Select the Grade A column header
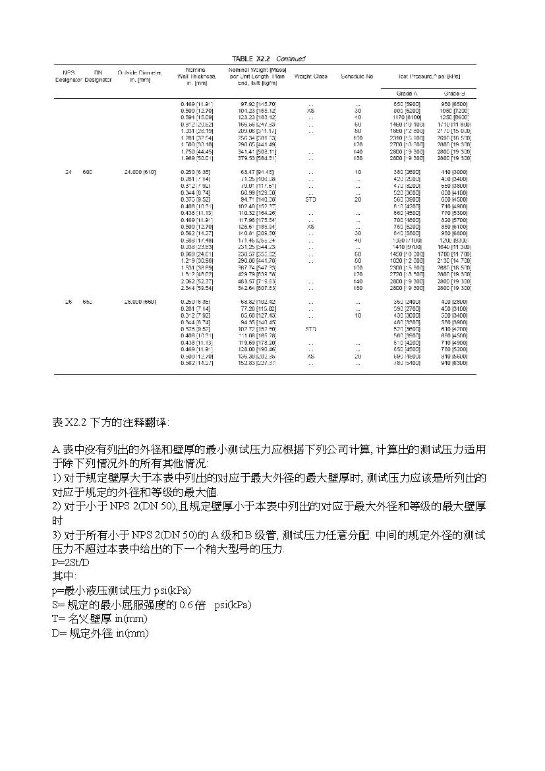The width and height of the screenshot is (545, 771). click(x=406, y=94)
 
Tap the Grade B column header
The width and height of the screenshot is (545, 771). click(x=454, y=94)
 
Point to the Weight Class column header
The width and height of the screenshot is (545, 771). click(x=310, y=76)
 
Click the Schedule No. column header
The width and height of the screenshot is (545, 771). click(x=358, y=76)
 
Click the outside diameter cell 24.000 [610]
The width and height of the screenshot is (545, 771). click(x=139, y=172)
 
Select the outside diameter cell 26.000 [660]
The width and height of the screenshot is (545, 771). click(x=139, y=302)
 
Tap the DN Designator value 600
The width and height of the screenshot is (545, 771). click(x=88, y=172)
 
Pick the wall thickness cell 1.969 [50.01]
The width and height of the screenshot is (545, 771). click(x=196, y=158)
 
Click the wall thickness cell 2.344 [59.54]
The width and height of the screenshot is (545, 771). click(x=196, y=288)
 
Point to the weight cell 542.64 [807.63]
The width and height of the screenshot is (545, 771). click(x=258, y=288)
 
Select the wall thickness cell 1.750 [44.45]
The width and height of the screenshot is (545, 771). click(x=196, y=152)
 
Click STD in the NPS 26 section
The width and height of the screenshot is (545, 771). click(x=311, y=328)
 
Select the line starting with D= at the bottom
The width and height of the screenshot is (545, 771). click(x=100, y=633)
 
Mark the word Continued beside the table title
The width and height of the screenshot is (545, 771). click(x=291, y=59)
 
